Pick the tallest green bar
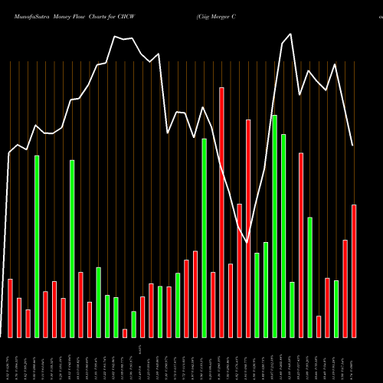point(275,226)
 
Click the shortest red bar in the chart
point(125,333)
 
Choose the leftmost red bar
point(10,308)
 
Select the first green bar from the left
point(37,246)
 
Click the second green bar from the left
point(72,248)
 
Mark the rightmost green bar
point(336,309)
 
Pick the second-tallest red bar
point(248,228)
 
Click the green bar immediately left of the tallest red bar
point(205,237)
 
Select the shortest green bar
point(133,324)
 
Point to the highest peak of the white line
point(290,34)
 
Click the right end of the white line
point(353,146)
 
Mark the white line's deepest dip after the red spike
point(247,242)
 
